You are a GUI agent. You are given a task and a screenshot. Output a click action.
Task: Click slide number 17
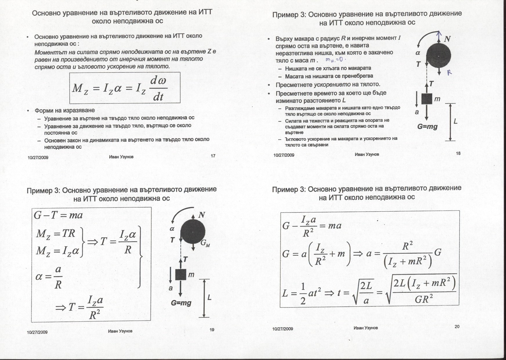(x=213, y=156)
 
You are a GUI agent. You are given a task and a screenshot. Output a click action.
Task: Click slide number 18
(x=458, y=153)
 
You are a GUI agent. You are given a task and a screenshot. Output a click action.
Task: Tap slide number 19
(x=212, y=330)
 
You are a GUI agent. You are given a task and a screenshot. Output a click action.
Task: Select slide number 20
(x=457, y=327)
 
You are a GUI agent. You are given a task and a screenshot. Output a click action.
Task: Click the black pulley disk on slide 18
(x=439, y=56)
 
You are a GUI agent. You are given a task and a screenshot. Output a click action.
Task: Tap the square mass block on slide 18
(x=427, y=99)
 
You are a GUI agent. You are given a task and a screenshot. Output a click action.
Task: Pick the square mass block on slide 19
(x=181, y=274)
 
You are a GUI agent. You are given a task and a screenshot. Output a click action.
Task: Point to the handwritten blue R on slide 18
(x=449, y=72)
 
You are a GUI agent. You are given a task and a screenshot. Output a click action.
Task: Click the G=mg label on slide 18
(x=427, y=126)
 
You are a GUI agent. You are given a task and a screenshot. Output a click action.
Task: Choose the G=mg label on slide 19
(x=181, y=303)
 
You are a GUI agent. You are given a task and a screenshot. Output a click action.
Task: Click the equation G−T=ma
(x=58, y=215)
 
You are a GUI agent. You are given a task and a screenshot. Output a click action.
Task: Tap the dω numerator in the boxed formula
(x=158, y=81)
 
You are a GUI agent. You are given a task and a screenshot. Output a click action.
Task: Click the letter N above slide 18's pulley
(x=447, y=39)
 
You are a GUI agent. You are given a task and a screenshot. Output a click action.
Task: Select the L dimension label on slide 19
(x=209, y=297)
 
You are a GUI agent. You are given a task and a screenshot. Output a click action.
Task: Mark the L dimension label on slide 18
(x=456, y=121)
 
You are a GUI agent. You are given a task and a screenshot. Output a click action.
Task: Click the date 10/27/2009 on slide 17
(x=38, y=158)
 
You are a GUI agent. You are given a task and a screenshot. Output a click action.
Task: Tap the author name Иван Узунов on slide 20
(x=366, y=328)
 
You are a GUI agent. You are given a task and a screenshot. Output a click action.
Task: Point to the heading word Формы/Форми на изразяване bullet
(x=65, y=110)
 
